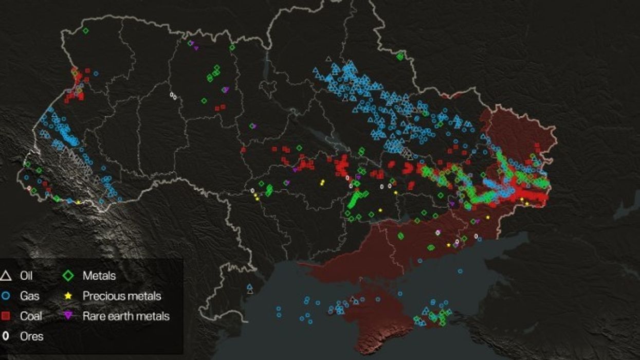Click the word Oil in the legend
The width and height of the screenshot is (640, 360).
coord(26,276)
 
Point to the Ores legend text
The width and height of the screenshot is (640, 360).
coord(32,336)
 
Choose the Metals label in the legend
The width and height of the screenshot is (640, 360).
coord(99,276)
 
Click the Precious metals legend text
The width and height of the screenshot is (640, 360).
coord(122,296)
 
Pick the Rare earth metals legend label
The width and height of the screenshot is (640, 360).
coord(126,316)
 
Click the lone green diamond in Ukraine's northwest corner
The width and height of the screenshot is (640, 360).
coord(86,31)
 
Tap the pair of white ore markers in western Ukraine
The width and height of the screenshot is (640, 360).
coord(173,96)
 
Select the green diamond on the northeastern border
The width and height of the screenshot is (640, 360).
coord(400,57)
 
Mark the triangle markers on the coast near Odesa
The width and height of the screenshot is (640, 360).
coord(250,289)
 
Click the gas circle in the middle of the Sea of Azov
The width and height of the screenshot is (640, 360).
coord(460,271)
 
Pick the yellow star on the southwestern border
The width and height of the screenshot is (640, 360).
coord(78,202)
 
